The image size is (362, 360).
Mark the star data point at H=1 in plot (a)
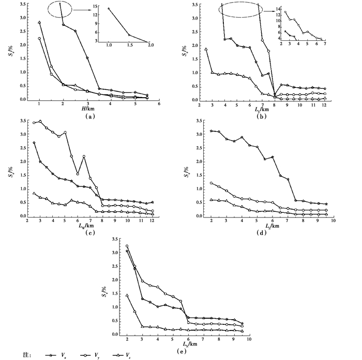point(39,22)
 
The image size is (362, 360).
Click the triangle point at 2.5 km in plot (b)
point(206,49)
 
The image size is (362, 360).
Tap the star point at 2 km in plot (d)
point(211,131)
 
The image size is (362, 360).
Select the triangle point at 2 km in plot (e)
point(127,295)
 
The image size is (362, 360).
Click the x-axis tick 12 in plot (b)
point(325,105)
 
